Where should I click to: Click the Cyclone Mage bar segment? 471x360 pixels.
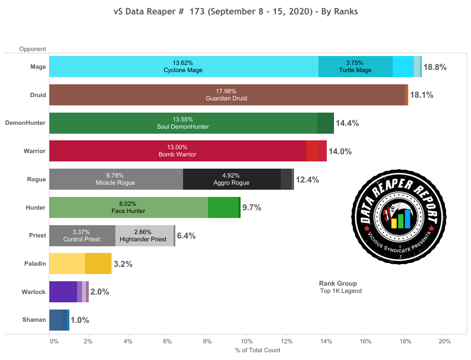point(183,67)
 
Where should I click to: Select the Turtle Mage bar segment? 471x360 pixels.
point(355,67)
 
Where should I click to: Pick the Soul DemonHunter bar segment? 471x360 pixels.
point(183,123)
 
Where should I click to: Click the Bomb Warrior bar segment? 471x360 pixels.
point(178,151)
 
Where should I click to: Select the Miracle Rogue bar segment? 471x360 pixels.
point(115,179)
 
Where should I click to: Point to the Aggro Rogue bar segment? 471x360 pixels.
point(231,179)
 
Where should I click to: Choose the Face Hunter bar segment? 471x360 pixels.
point(128,207)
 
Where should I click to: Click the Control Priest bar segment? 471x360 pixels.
point(82,236)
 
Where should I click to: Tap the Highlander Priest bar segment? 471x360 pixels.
point(144,236)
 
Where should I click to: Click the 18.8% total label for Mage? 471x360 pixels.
point(435,67)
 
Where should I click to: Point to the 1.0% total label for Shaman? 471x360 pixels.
point(80,320)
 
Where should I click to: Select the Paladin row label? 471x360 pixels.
point(34,264)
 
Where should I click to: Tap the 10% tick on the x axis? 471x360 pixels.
point(246,341)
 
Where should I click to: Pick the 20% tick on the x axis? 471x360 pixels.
point(444,341)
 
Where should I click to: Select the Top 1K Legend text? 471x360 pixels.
point(341,291)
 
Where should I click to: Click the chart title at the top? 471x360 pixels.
point(236,11)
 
